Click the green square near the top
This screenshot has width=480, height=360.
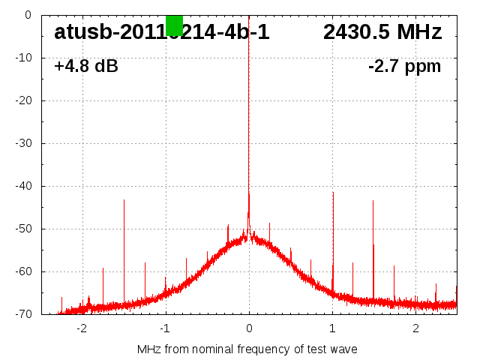click(174, 25)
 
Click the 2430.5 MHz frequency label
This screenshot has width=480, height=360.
click(382, 32)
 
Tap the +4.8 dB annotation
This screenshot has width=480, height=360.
click(86, 66)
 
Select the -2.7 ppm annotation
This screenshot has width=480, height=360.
click(405, 66)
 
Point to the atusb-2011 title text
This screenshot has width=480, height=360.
click(161, 32)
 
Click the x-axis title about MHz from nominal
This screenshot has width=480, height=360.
click(247, 349)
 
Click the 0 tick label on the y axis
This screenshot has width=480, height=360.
click(27, 15)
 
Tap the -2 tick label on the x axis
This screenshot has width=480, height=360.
click(82, 328)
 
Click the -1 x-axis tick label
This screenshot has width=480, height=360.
click(165, 328)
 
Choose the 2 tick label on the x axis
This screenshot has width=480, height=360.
click(415, 328)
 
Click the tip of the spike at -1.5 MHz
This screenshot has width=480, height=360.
click(124, 199)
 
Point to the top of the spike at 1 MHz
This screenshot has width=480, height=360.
click(333, 192)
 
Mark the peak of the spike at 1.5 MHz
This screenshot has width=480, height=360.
click(373, 200)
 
